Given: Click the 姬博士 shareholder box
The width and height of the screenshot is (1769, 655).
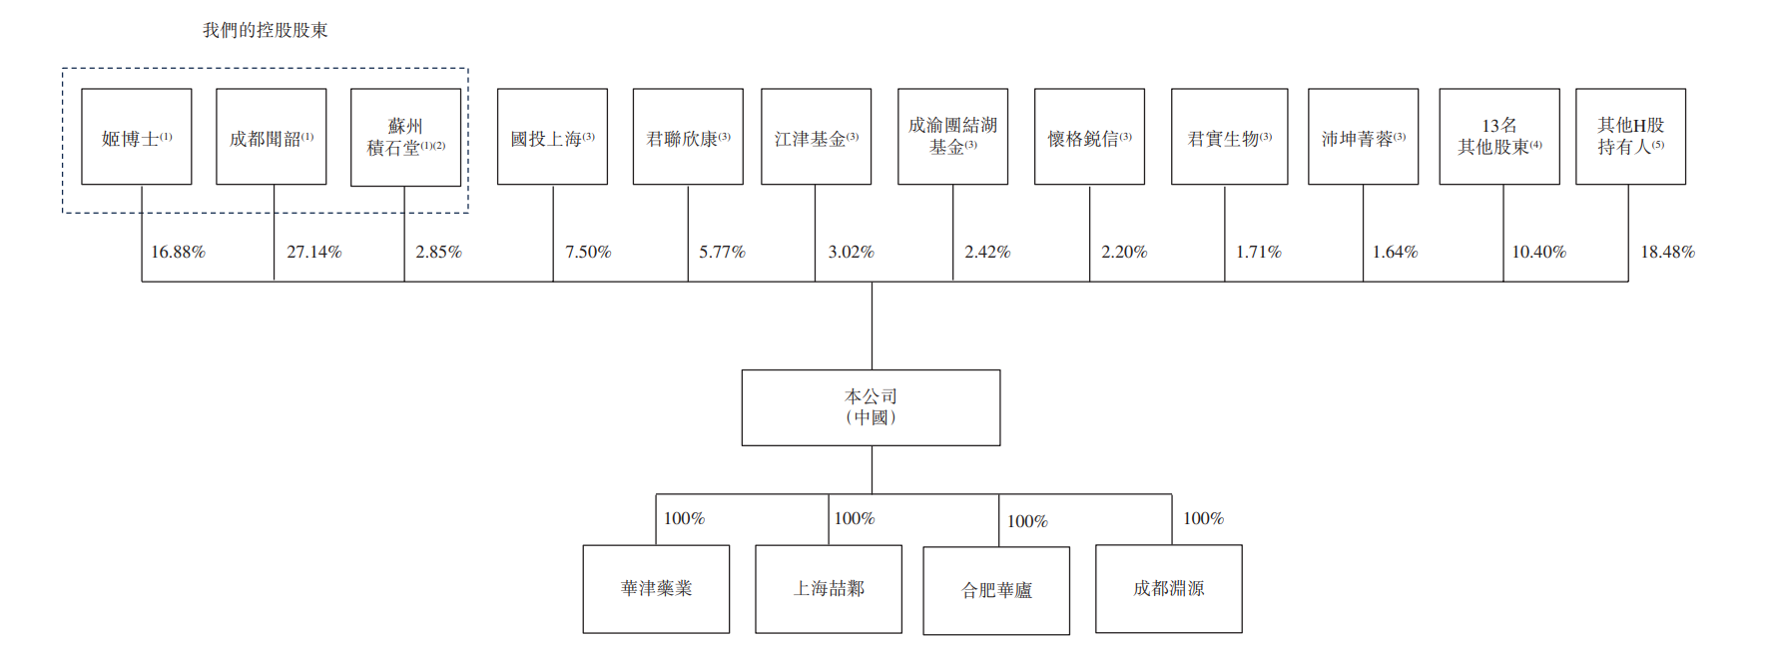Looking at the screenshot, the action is pyautogui.click(x=137, y=137).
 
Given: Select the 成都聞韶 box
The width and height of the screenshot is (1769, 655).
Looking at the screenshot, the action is pyautogui.click(x=272, y=137).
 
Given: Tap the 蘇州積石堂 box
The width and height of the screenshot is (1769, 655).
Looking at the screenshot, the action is pyautogui.click(x=405, y=137).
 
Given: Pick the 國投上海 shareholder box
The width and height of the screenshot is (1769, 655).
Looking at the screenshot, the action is pyautogui.click(x=552, y=137).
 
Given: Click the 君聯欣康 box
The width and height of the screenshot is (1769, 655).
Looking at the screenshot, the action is pyautogui.click(x=688, y=137).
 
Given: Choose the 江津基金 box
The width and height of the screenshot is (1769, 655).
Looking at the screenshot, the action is pyautogui.click(x=816, y=137).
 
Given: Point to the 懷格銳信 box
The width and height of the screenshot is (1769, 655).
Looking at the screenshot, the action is pyautogui.click(x=1089, y=137).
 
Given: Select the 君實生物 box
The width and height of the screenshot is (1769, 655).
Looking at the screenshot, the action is pyautogui.click(x=1229, y=137).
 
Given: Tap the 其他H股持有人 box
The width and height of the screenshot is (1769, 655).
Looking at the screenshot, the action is pyautogui.click(x=1630, y=137).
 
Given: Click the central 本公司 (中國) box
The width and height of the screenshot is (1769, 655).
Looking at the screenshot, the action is pyautogui.click(x=871, y=407).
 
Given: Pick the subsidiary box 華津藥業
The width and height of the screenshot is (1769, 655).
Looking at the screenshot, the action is pyautogui.click(x=656, y=589).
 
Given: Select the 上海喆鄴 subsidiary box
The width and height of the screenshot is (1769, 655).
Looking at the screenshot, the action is pyautogui.click(x=829, y=589).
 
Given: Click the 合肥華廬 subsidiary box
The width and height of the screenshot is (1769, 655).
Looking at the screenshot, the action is pyautogui.click(x=996, y=590).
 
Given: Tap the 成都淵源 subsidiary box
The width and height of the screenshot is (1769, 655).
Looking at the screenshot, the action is pyautogui.click(x=1169, y=589).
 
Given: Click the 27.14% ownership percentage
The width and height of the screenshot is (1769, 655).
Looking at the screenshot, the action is pyautogui.click(x=314, y=252).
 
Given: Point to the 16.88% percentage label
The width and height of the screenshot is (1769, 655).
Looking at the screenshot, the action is pyautogui.click(x=178, y=252).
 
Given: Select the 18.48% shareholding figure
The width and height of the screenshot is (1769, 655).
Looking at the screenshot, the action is pyautogui.click(x=1668, y=252).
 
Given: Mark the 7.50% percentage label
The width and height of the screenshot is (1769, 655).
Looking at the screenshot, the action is pyautogui.click(x=588, y=252).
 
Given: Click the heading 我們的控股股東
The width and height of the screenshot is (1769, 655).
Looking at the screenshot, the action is pyautogui.click(x=266, y=30).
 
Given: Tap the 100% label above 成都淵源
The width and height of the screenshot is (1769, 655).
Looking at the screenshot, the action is pyautogui.click(x=1203, y=518).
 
